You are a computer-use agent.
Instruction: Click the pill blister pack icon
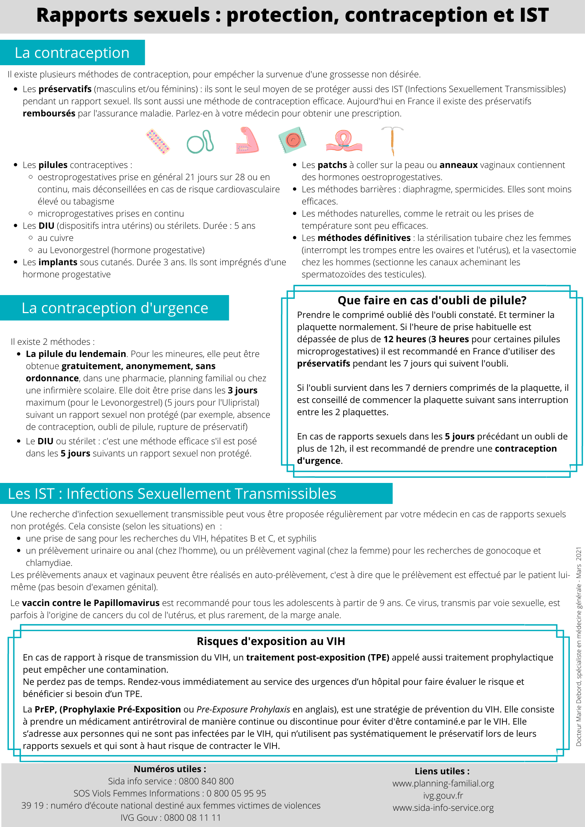158,141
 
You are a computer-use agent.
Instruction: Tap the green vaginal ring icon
200,142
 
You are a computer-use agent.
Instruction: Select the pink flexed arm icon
247,140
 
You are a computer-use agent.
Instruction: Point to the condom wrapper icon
292,140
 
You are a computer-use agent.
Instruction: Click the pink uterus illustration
344,141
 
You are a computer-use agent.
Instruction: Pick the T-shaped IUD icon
392,141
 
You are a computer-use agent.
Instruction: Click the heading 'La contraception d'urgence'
115,308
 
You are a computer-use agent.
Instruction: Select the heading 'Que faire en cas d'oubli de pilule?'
432,300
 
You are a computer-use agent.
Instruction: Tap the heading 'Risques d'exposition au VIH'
271,641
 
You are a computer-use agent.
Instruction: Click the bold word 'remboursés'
49,113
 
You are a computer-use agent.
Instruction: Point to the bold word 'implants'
58,262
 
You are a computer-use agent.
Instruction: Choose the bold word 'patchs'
332,165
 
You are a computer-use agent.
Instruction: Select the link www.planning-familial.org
443,784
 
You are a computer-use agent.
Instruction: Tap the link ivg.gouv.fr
443,796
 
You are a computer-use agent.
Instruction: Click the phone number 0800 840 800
206,781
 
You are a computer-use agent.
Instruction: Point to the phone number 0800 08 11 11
192,818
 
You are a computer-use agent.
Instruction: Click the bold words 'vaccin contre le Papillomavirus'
91,603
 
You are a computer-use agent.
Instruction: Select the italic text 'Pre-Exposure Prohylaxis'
243,709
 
